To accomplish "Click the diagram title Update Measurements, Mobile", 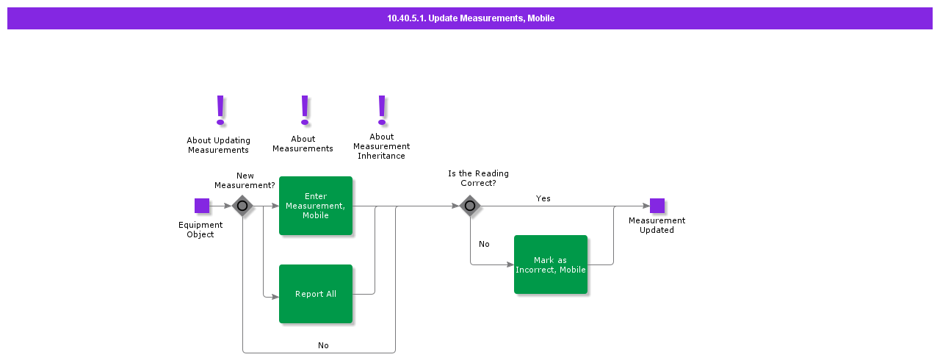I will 470,18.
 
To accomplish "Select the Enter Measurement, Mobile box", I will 316,206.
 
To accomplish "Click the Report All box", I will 316,294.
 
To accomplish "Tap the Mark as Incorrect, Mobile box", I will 551,264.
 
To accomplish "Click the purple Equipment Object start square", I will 202,206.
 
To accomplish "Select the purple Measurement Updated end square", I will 657,206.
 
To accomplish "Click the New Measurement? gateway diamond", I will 242,206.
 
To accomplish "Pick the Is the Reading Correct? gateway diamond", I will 470,206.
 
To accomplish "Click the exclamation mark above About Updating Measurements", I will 220,110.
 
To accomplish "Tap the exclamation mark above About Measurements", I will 305,110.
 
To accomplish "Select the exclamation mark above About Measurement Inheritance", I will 381,110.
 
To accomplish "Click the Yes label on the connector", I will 543,198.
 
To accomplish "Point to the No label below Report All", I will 323,345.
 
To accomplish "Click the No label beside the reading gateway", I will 484,244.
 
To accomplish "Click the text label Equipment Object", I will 200,230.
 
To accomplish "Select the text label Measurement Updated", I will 657,225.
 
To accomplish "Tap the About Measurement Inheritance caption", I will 381,146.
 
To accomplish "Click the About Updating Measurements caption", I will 218,145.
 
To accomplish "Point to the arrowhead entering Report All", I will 275,297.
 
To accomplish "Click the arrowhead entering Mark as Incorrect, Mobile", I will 510,264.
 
